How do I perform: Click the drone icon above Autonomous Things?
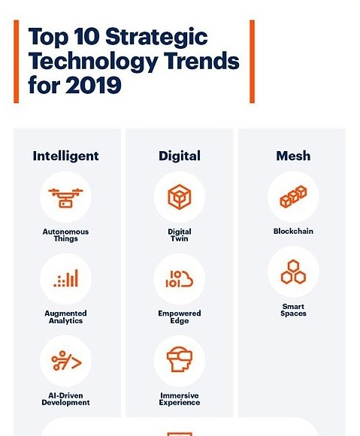65,198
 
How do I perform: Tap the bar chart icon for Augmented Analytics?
66,278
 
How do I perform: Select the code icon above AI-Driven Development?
66,361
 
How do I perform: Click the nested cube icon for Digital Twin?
180,197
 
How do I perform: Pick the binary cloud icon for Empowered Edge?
180,279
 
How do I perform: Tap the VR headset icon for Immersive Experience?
180,359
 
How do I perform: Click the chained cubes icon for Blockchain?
293,197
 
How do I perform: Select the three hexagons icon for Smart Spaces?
293,271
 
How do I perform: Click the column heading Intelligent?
65,156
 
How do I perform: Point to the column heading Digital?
180,156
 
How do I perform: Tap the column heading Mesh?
293,156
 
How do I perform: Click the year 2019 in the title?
93,85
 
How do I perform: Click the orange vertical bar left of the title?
17,62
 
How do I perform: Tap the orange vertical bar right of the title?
252,62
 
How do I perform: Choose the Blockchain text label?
293,231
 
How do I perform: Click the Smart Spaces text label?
293,310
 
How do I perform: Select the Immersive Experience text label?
180,399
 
